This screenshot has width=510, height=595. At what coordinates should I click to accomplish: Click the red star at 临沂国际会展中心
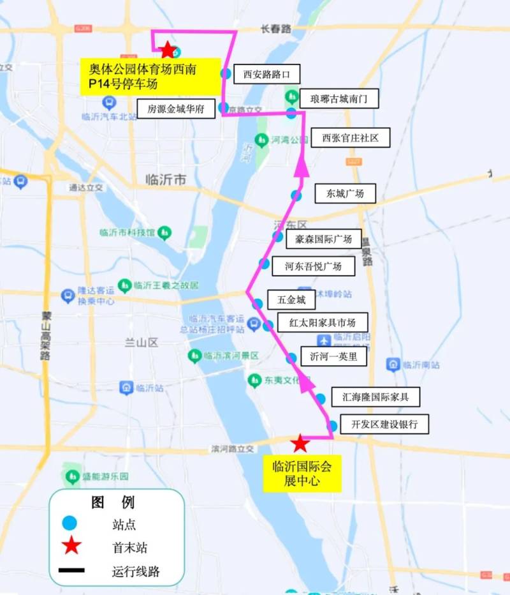[300, 442]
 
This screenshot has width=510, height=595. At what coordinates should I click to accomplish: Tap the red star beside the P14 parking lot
[168, 49]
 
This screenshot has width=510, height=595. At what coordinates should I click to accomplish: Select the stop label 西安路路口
[266, 74]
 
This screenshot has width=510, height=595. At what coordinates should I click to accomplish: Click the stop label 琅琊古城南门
[335, 99]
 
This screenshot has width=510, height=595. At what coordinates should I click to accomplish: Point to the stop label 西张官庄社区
[350, 138]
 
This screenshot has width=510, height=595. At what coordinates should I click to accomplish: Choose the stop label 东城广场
[345, 193]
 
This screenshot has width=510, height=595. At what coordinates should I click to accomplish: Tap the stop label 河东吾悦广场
[313, 266]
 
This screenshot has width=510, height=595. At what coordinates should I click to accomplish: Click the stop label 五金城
[291, 299]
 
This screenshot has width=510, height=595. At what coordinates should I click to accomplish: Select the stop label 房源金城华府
[176, 109]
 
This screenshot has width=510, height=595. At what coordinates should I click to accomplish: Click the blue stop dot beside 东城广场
[296, 195]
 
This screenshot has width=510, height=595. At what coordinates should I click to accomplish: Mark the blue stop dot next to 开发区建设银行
[332, 425]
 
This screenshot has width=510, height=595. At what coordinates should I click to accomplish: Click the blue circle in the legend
[69, 523]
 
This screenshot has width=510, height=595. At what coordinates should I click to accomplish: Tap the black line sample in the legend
[70, 570]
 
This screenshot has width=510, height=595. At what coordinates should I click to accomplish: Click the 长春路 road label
[276, 29]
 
